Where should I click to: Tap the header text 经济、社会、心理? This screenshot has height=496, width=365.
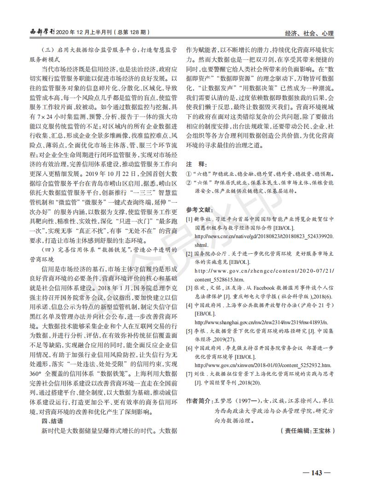[x=309, y=34]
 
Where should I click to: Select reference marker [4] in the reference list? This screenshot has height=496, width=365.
[x=189, y=305]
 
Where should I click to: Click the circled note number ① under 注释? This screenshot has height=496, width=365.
[x=188, y=174]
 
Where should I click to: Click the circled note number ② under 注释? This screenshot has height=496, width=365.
[x=188, y=182]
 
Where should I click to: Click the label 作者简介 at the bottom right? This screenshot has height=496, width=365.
[x=199, y=401]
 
